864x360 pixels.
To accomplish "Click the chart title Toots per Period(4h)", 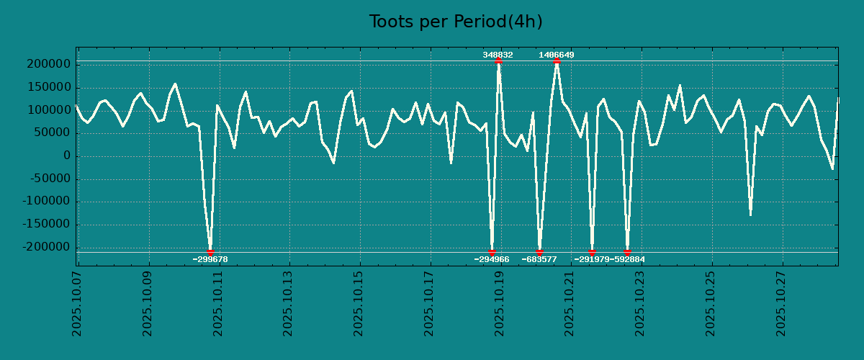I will coord(456,22).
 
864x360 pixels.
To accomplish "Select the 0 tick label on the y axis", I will coord(66,156).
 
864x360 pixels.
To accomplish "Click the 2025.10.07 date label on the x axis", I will coord(77,303).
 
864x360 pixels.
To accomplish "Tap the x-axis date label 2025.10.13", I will coord(289,303).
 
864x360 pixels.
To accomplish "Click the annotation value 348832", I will coord(498,55).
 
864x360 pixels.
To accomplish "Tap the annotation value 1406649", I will coord(557,55).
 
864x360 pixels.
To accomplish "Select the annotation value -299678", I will coord(210,259).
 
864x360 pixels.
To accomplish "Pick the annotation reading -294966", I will coord(491,259).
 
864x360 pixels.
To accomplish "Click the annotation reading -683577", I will coord(539,259).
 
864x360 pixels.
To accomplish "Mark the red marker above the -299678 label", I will coord(210,252).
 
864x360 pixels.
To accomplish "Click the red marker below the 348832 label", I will coord(498,61).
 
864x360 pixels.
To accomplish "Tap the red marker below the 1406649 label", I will coord(557,61).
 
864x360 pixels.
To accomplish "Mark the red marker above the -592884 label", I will coord(627,252).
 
